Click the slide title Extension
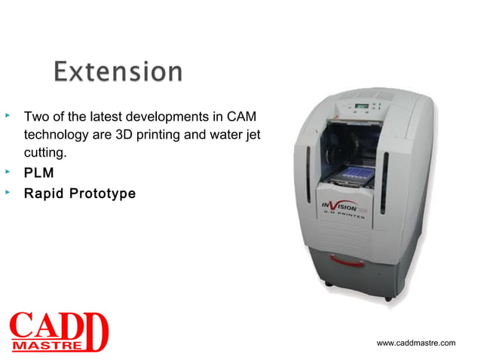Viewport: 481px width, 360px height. click(118, 72)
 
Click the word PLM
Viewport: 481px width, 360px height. click(38, 174)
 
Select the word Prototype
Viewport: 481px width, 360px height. click(100, 194)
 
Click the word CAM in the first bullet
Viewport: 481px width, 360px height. click(241, 118)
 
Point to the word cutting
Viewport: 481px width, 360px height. click(46, 154)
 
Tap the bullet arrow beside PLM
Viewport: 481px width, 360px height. click(8, 172)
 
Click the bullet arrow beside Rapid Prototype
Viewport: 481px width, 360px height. click(8, 192)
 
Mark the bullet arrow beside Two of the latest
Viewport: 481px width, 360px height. click(8, 117)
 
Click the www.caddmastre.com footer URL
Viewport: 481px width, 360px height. click(415, 343)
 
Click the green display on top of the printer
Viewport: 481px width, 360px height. click(363, 106)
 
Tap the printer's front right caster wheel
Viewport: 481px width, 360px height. click(388, 297)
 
